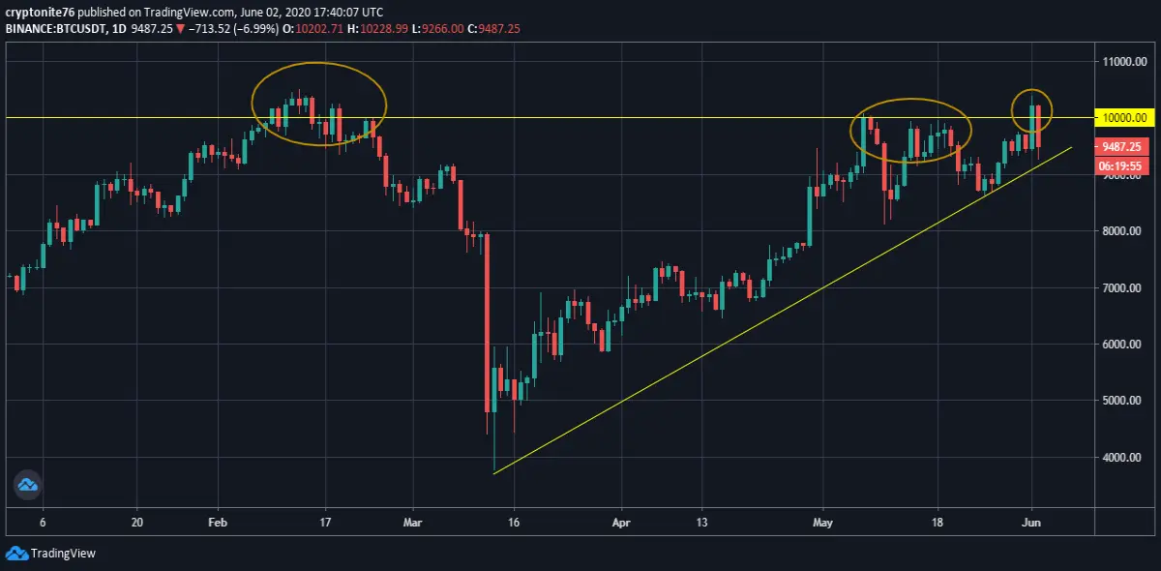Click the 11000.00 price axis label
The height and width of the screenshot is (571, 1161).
[x=1124, y=62]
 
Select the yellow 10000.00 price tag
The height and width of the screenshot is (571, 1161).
[x=1124, y=118]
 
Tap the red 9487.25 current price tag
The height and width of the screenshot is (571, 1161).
[x=1121, y=147]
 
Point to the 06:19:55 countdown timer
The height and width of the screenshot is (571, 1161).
[x=1121, y=165]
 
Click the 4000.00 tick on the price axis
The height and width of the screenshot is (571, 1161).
[x=1121, y=458]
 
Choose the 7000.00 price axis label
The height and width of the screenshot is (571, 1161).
[x=1121, y=287]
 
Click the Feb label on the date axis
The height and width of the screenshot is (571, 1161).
[x=218, y=523]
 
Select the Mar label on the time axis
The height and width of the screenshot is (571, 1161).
[x=412, y=523]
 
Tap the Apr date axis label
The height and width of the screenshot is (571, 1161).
[x=621, y=523]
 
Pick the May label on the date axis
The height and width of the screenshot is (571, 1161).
[x=822, y=523]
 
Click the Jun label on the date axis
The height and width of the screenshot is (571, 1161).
[x=1031, y=523]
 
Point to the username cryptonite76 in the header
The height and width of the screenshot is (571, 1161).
[x=40, y=12]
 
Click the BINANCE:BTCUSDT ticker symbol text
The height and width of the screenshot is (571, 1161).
[x=55, y=28]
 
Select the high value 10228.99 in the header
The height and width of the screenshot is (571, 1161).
[x=384, y=28]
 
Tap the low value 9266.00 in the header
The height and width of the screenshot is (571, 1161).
[x=443, y=28]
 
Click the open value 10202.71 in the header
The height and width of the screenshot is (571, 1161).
[x=319, y=28]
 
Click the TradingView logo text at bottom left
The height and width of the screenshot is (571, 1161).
[x=63, y=554]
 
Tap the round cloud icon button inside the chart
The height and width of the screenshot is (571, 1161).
[x=27, y=485]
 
